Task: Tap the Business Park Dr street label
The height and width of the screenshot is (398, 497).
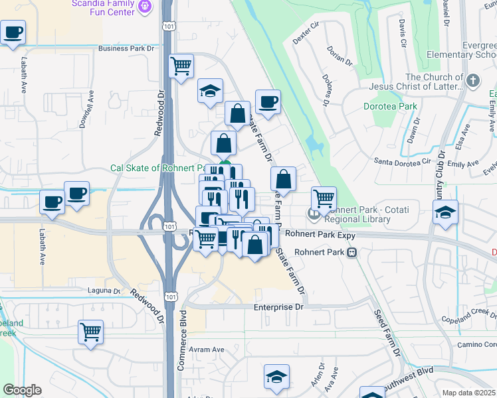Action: pos(126,48)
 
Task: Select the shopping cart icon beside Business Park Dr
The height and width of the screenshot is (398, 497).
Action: pos(181,66)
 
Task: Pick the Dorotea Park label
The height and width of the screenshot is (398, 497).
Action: pos(390,106)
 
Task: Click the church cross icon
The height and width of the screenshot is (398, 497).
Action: pos(472,82)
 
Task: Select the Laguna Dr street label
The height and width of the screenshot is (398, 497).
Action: pos(104,291)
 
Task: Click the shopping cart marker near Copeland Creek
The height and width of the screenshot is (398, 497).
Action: pos(90,332)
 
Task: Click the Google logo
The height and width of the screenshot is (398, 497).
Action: pos(22,390)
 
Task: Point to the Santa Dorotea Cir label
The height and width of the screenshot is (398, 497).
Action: pos(403,162)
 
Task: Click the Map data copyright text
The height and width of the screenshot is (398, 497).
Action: pos(469,393)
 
